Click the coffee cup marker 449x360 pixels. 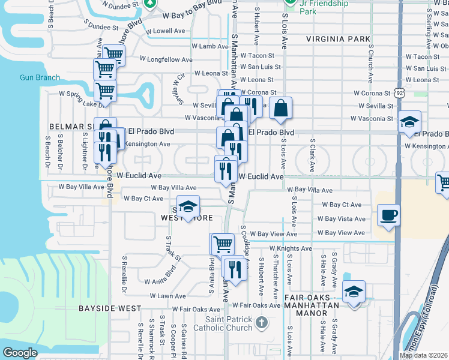coord(388,215)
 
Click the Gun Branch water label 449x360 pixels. coord(40,77)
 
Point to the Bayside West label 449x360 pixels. coord(109,308)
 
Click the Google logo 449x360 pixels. coord(20,353)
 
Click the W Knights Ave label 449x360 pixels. coord(291,248)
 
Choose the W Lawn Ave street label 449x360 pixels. coord(168,296)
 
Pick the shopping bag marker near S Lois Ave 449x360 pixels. coord(280,109)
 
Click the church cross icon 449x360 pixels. coord(261,323)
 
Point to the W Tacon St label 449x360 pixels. coord(256,56)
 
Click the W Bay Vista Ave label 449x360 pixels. coord(341,219)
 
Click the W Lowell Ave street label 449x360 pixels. coord(165,31)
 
